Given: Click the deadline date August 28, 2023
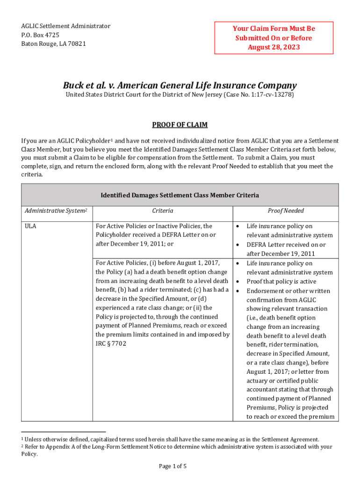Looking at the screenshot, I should pos(274,47).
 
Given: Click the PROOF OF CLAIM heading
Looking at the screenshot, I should pos(180,125).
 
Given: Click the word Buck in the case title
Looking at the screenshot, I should pos(74,86).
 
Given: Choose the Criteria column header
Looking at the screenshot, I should pos(162,211).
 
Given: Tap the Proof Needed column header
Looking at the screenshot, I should pos(286,211).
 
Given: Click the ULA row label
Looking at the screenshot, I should pos(30,226).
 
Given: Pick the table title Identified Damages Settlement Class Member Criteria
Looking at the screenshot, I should pos(180,195).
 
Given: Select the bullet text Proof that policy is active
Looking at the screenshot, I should pos(281,282).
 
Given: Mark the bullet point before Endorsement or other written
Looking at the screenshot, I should pos(238,291).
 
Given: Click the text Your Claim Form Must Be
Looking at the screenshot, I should pos(274,29).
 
